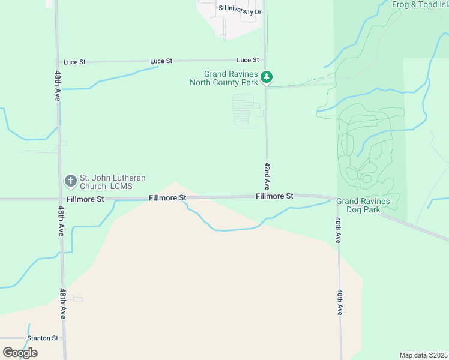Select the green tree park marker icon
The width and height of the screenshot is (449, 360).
pyautogui.click(x=267, y=77)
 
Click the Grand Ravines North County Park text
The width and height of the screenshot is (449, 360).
pyautogui.click(x=224, y=79)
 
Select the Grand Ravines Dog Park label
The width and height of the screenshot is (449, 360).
pyautogui.click(x=363, y=205)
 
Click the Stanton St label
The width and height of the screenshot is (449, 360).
pyautogui.click(x=42, y=338)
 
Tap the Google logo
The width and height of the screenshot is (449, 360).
pyautogui.click(x=20, y=352)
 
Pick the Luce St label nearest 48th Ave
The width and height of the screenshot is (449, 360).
pyautogui.click(x=74, y=62)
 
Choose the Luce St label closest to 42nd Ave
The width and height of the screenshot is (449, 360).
pyautogui.click(x=247, y=60)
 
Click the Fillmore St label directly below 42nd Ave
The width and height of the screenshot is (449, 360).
pyautogui.click(x=274, y=196)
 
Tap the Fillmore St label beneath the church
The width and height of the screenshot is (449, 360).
pyautogui.click(x=85, y=199)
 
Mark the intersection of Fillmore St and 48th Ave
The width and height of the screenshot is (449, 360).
pyautogui.click(x=60, y=199)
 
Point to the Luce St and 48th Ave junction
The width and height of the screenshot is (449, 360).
pyautogui.click(x=58, y=62)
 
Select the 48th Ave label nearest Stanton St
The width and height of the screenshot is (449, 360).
pyautogui.click(x=62, y=304)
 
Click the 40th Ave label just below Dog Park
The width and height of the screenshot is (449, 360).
pyautogui.click(x=339, y=230)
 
